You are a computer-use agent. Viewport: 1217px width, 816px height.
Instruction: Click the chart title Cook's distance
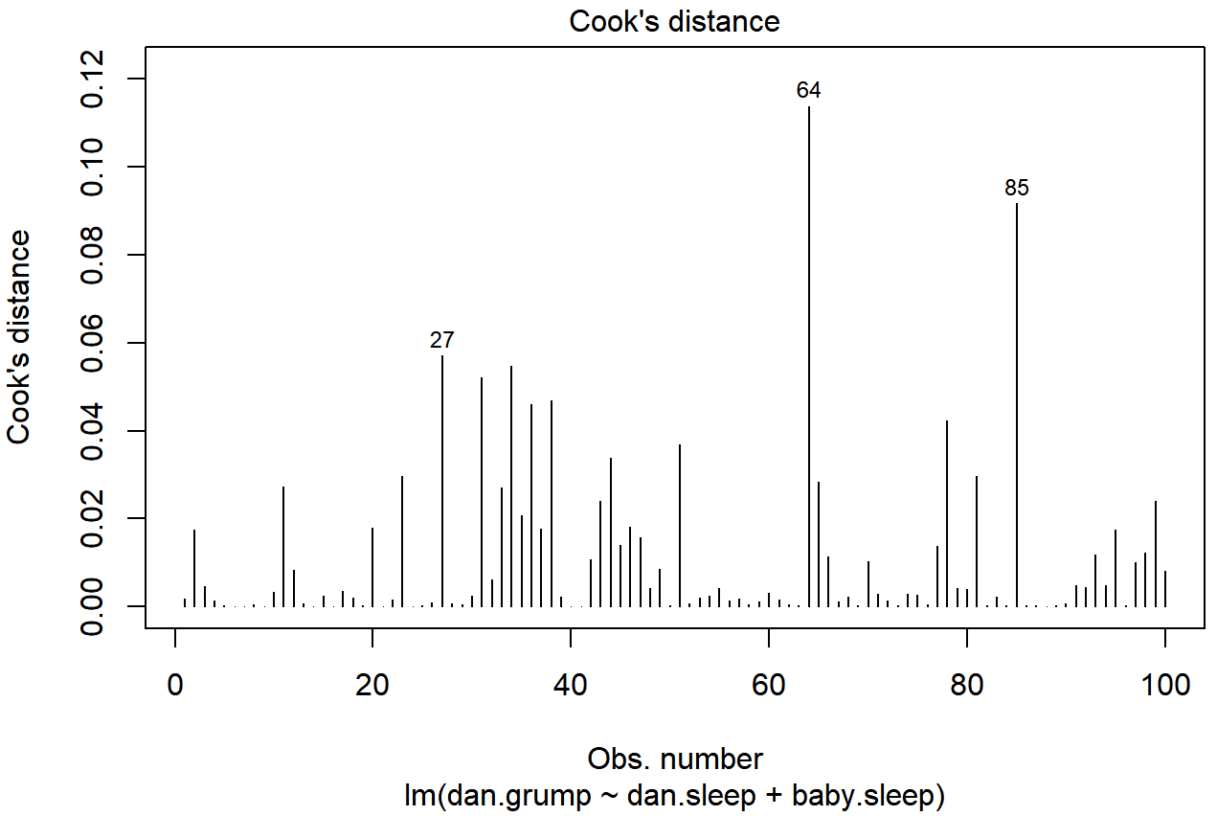[x=674, y=21]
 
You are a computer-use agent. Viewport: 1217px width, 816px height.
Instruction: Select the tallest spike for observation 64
[x=809, y=354]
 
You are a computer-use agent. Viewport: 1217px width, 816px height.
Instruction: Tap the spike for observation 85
[x=1017, y=402]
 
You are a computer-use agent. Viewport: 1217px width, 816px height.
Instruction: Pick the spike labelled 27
[x=442, y=479]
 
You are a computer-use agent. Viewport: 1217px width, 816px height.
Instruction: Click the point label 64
[x=809, y=91]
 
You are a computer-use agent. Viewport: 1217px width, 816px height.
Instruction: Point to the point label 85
[x=1017, y=189]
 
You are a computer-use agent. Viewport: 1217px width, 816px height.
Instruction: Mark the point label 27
[x=442, y=341]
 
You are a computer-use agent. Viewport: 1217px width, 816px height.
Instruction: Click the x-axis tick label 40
[x=571, y=686]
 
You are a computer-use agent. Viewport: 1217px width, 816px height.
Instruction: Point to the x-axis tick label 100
[x=1164, y=686]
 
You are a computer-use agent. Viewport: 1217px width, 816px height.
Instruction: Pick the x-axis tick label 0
[x=175, y=686]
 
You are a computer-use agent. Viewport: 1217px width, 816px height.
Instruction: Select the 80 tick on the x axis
[x=967, y=686]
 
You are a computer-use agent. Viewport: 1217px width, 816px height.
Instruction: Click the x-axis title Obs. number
[x=675, y=759]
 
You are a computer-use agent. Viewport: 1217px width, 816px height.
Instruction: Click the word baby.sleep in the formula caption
[x=864, y=796]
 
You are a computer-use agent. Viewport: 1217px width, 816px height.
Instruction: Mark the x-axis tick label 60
[x=769, y=686]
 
